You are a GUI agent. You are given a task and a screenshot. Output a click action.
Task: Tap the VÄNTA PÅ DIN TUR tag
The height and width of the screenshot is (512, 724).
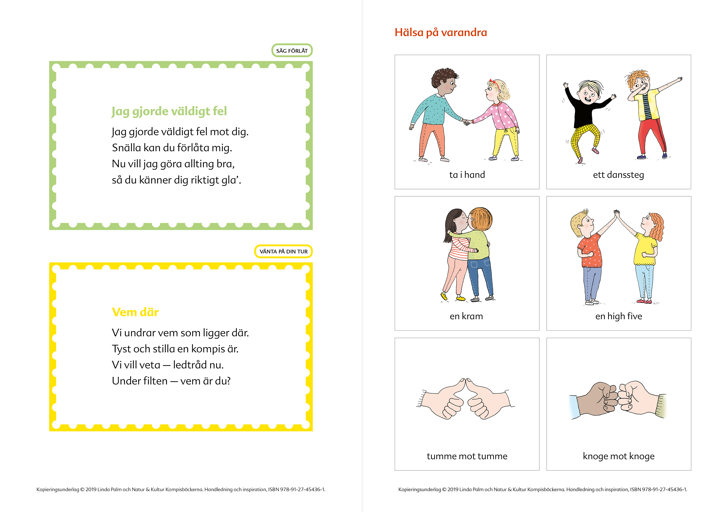pos(284,251)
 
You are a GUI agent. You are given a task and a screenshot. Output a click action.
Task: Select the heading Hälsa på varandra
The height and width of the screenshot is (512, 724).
pos(441,32)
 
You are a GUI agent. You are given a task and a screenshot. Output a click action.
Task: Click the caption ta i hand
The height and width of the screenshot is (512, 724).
pos(467,175)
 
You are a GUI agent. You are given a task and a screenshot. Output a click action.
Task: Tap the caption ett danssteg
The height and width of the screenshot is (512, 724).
pos(618,175)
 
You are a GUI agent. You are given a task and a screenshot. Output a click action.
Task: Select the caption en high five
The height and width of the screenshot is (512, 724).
pos(619,316)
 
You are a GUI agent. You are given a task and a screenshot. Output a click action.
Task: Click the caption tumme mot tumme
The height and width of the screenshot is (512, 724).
pos(467,456)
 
